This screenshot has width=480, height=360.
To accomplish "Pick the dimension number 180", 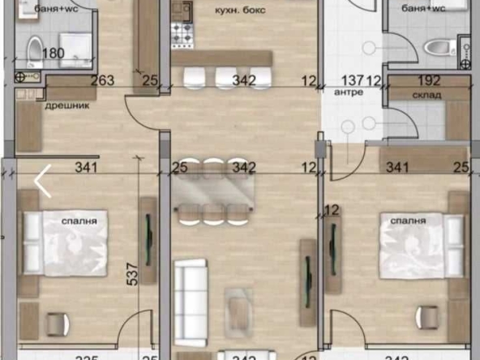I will point(52,54).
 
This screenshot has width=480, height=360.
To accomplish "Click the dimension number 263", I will point(102,79).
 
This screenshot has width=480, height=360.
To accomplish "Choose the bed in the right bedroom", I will point(414,242).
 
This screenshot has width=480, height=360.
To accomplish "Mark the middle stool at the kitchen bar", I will point(226,77).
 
